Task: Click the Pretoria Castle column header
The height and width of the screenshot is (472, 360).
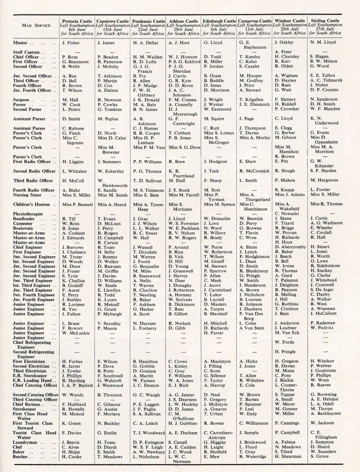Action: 77,22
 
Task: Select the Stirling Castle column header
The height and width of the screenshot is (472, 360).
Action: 324,22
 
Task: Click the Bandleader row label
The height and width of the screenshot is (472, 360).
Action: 24,218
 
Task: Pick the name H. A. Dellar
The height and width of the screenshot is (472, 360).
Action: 146,43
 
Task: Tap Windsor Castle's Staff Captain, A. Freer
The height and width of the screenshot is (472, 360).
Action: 283,52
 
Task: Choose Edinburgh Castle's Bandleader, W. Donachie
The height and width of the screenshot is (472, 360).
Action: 217,218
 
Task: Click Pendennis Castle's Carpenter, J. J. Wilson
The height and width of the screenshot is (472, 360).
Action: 145,224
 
